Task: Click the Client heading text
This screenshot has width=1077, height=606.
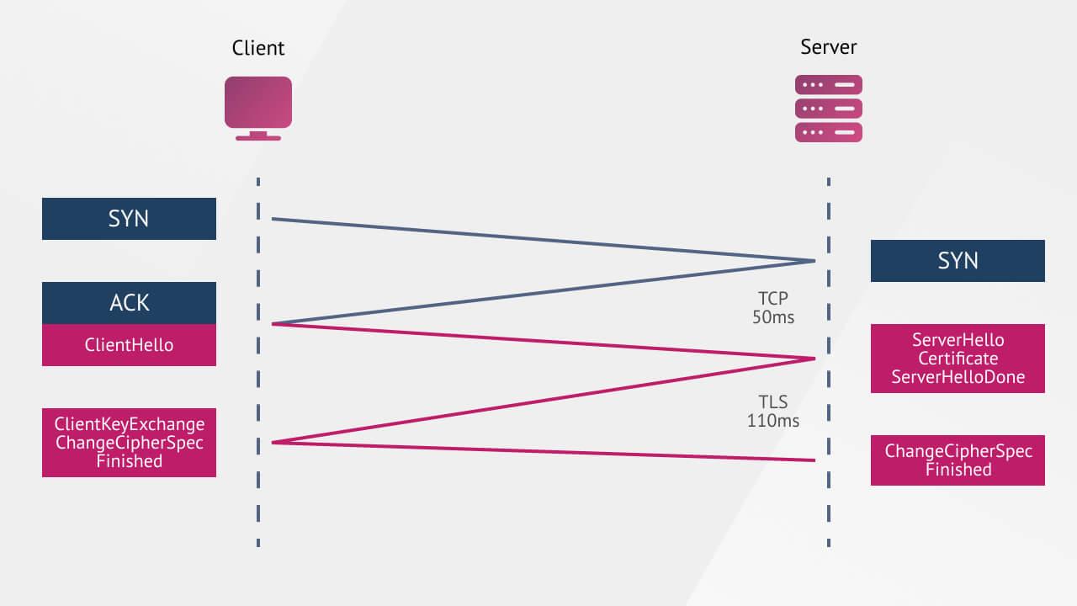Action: click(x=258, y=49)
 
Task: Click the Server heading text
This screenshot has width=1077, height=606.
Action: click(x=829, y=47)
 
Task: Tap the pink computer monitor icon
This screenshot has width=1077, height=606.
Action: click(x=258, y=107)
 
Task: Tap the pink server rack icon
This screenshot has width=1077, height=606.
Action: click(x=829, y=109)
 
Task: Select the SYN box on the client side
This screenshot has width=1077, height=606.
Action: click(x=129, y=219)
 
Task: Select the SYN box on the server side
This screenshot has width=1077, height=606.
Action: click(x=958, y=261)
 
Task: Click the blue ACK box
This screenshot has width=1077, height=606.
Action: click(x=129, y=303)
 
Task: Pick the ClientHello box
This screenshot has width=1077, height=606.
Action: click(x=129, y=345)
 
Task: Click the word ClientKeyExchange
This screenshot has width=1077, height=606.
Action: click(x=129, y=424)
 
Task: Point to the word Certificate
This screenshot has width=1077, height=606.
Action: click(x=958, y=359)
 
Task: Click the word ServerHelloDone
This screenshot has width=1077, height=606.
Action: click(x=958, y=377)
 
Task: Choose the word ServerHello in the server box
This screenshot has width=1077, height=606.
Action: click(x=958, y=340)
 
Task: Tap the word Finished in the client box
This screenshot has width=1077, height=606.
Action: click(x=129, y=461)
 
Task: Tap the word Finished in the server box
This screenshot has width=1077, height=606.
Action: click(x=958, y=470)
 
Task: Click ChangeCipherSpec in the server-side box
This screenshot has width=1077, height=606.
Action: click(x=958, y=451)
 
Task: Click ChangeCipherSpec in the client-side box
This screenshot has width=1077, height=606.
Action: click(x=129, y=443)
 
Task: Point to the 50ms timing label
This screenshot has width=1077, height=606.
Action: click(x=772, y=317)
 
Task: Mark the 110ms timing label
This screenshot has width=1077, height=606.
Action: click(x=772, y=420)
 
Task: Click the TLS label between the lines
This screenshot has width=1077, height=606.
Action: click(x=772, y=401)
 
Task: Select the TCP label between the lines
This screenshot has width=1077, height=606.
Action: click(x=772, y=299)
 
